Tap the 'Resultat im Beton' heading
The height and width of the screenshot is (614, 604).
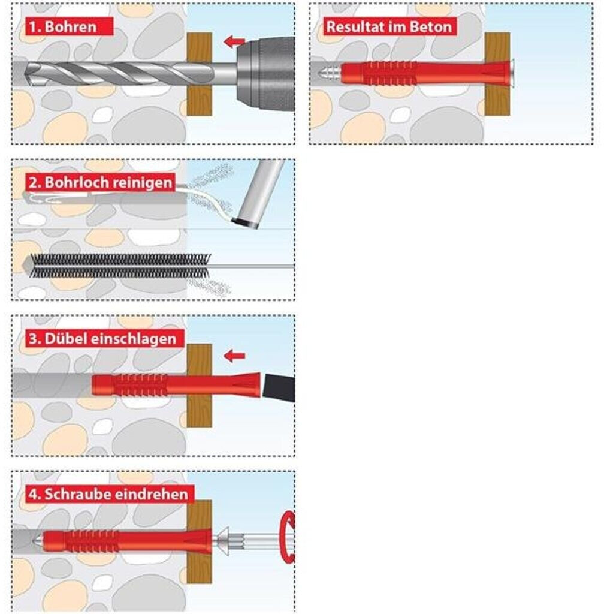(389, 26)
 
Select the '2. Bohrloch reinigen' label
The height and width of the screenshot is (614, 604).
(101, 182)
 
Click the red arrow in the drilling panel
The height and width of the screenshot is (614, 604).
(234, 41)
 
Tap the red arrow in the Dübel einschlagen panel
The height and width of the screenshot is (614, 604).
(234, 356)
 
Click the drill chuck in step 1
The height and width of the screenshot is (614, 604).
(265, 73)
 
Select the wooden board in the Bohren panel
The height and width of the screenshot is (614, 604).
(200, 74)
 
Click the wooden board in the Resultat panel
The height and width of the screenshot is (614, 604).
(497, 74)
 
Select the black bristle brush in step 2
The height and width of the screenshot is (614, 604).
(120, 266)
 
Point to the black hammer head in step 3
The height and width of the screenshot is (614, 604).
(279, 387)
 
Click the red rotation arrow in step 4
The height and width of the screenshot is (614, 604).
(288, 537)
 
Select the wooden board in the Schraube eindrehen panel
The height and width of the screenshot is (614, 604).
(200, 541)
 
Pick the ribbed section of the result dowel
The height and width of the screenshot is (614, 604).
(389, 73)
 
